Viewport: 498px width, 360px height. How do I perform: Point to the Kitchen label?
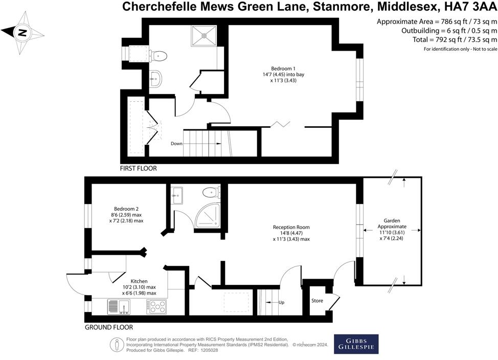(139, 287)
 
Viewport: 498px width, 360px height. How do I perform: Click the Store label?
(318, 301)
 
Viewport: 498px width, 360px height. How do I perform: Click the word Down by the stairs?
(176, 144)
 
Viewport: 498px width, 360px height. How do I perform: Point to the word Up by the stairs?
(281, 303)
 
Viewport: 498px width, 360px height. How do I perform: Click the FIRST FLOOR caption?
(138, 168)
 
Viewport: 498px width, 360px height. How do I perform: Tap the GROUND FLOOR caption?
(108, 327)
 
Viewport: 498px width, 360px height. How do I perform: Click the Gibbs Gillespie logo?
(356, 344)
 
